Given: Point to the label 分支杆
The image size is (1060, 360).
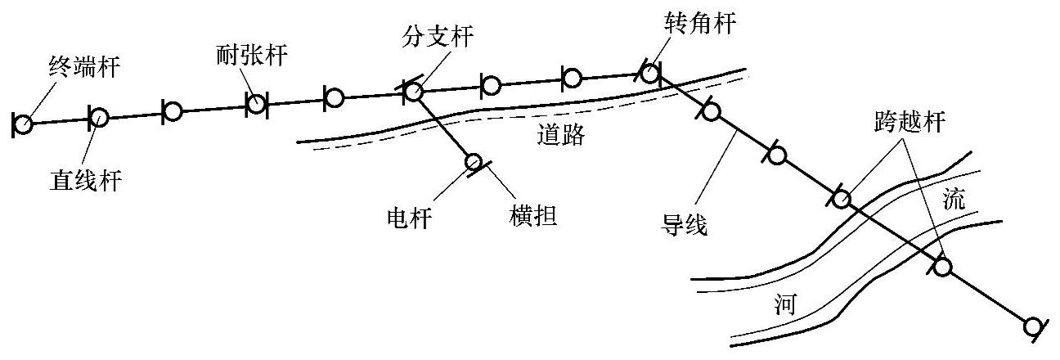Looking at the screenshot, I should coord(438,36).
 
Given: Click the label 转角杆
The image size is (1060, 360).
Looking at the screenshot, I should coord(701,24).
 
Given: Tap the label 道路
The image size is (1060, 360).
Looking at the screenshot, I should coord(561,135).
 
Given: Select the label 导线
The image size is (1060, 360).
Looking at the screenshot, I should coord(685,223).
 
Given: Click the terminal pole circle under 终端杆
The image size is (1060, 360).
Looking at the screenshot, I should coord(23,124).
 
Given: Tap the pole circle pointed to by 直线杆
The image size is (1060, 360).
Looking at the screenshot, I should coord(98,117).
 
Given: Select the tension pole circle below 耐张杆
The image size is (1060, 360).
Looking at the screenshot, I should coord(256,103).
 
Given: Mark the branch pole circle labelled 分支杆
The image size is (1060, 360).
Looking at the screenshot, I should coord(413,91).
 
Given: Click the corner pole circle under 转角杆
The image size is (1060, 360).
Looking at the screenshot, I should coord(649,74).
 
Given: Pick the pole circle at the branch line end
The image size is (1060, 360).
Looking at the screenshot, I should coord(474,162).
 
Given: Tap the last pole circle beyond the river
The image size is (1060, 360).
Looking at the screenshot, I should coord(1034,326).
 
